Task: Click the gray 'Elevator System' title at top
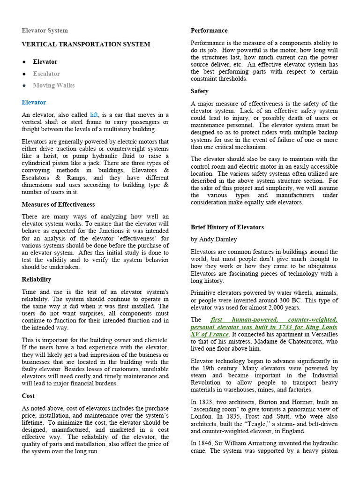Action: coord(45,30)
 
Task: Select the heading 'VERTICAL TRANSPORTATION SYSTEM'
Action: coord(86,45)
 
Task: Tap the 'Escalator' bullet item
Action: coord(46,74)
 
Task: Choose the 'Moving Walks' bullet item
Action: coord(53,85)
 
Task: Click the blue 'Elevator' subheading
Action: coord(34,102)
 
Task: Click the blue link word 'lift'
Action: coord(94,114)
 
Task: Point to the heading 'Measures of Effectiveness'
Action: coord(58,204)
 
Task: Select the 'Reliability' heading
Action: coord(37,279)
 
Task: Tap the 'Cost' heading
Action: coord(28,396)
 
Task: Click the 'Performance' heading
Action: coord(209,30)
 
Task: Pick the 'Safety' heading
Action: coord(200,91)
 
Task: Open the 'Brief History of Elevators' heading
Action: coord(227,227)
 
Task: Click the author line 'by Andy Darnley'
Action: coord(214,240)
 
